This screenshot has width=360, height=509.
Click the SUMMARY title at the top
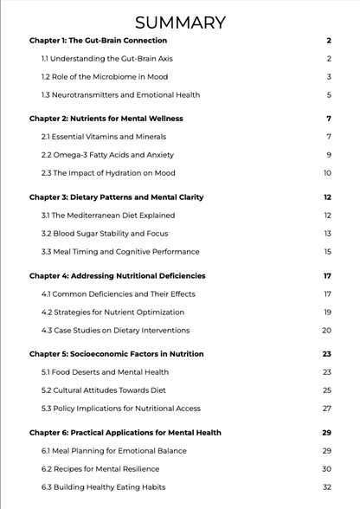pos(180,23)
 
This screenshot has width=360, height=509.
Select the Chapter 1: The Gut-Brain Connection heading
pos(98,41)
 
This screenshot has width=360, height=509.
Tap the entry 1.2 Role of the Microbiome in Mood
pos(105,77)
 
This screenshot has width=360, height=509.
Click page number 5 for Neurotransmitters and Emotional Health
pos(329,95)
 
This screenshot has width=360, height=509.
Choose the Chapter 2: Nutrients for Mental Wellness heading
pos(106,119)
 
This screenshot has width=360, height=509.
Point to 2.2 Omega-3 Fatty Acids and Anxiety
pos(107,155)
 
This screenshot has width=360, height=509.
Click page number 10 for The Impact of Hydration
pos(327,173)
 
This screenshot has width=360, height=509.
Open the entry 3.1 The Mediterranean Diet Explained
pos(108,216)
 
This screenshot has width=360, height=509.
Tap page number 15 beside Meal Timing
pos(327,252)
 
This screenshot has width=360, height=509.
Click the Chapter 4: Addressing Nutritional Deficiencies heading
pos(117,276)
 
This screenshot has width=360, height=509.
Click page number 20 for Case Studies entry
pos(326,331)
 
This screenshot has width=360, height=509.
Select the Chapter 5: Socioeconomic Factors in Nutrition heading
pos(116,354)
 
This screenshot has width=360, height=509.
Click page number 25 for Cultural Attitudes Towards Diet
pos(327,390)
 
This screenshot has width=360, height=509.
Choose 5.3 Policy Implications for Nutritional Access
pos(120,409)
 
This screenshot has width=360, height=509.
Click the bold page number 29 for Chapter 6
pos(326,433)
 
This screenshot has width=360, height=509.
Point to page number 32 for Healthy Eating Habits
pos(327,487)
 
